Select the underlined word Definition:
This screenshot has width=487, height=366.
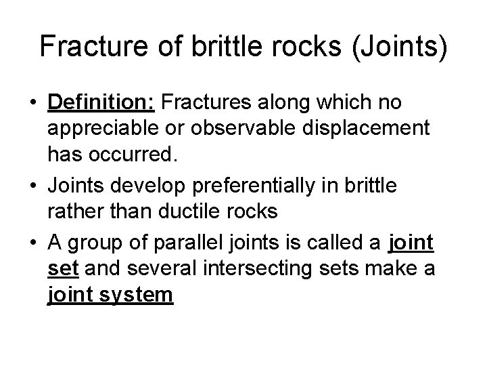[x=101, y=104]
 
